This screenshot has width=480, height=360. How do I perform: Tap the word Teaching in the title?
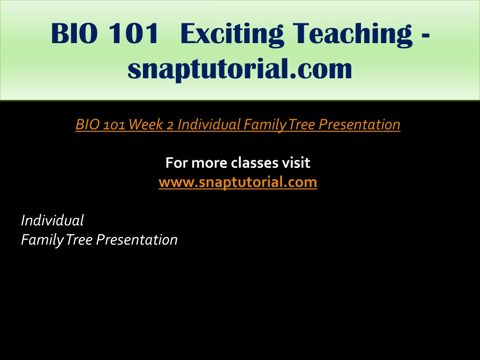tap(352, 34)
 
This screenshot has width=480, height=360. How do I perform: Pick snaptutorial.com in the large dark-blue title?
tap(240, 69)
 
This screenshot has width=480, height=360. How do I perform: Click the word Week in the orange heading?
tap(145, 125)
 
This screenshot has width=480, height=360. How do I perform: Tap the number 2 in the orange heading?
tap(170, 125)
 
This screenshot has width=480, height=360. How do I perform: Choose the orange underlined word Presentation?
tap(360, 125)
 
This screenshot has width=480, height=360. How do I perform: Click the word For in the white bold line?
tap(177, 163)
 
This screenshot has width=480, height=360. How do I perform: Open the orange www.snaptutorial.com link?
tap(238, 182)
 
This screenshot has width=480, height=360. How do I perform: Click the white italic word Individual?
tap(52, 220)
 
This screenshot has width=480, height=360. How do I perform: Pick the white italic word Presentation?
tap(137, 240)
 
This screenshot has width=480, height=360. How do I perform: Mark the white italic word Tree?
tap(79, 240)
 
